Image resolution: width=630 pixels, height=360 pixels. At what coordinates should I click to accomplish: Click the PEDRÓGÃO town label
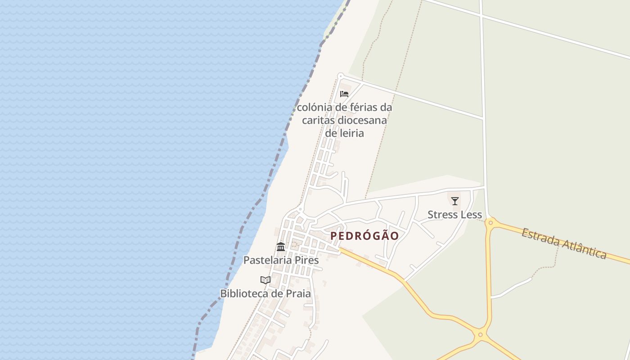pos(364,236)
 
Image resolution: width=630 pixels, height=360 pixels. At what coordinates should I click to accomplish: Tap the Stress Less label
pos(454,215)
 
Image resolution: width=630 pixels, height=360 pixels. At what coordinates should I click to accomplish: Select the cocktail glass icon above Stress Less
pos(455,201)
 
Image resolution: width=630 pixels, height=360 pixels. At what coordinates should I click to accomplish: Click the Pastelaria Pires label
pos(281,260)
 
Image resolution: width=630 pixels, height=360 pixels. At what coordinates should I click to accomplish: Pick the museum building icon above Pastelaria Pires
pos(281,247)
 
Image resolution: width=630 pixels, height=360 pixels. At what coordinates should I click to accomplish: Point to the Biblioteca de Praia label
pos(265,293)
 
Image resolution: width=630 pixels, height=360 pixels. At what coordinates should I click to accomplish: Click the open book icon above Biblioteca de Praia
pos(265,280)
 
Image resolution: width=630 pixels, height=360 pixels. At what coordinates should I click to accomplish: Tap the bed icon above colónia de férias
pos(344,94)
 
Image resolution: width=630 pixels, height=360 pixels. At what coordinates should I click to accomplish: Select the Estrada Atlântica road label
pos(564,243)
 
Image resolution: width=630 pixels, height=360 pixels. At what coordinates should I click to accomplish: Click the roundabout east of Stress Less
pos(490,222)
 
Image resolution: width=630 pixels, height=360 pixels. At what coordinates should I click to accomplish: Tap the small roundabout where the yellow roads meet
pos(481,334)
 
